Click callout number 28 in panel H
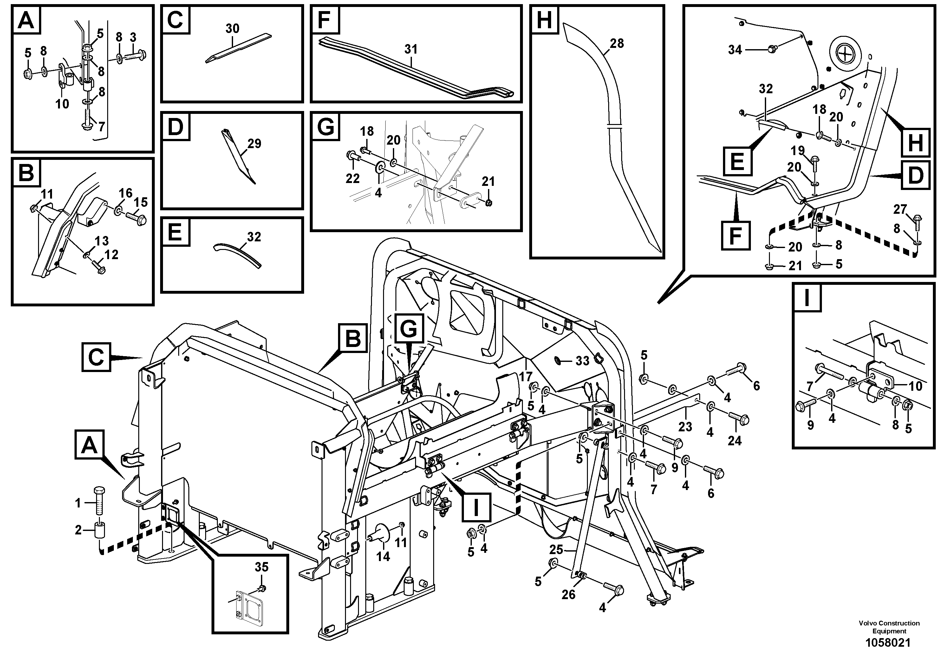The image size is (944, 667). [617, 43]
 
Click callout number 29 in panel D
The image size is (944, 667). [254, 143]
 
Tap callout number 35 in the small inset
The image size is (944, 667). [262, 567]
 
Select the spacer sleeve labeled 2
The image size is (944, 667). [100, 530]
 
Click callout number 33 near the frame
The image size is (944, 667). [582, 361]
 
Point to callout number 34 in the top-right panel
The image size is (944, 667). [735, 50]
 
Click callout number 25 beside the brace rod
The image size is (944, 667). [556, 549]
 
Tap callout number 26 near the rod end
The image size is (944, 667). [568, 595]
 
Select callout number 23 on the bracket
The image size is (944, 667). [685, 427]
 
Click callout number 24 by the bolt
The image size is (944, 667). [734, 441]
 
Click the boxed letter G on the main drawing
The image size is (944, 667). [409, 328]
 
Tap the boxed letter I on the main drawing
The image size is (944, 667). [476, 507]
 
